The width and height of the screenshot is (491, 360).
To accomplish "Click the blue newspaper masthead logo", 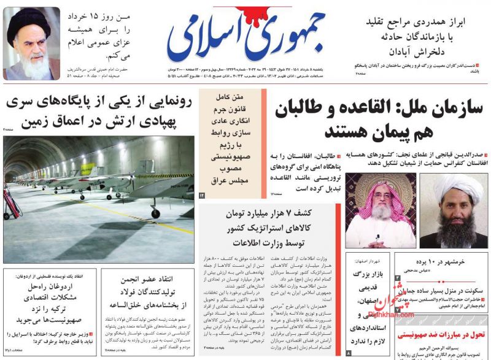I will (245, 37).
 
